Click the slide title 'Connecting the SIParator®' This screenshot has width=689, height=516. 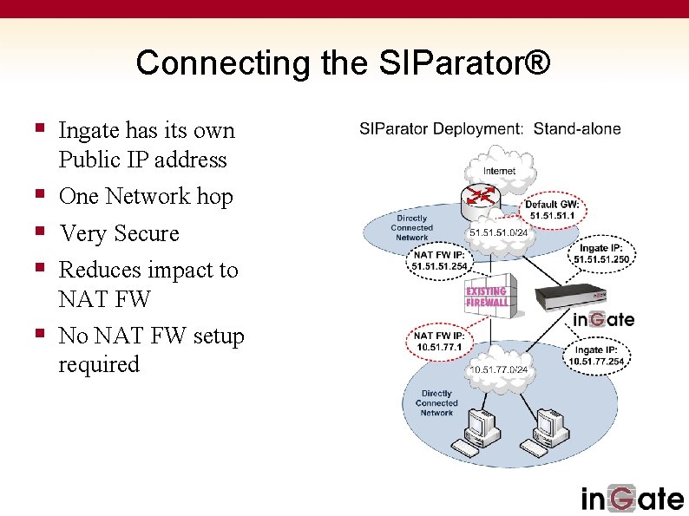click(x=343, y=62)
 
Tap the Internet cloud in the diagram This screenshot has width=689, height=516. click(x=498, y=170)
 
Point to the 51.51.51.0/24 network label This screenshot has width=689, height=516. click(x=498, y=232)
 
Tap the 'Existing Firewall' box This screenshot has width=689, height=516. click(x=487, y=297)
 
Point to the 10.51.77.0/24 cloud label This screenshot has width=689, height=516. click(x=498, y=369)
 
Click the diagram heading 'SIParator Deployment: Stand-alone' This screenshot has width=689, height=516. click(x=490, y=129)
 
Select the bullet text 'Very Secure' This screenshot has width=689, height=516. click(x=118, y=233)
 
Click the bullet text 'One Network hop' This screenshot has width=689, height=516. click(x=146, y=197)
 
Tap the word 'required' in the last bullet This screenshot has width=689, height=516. click(x=98, y=364)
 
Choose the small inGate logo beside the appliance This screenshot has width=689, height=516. click(x=603, y=319)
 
